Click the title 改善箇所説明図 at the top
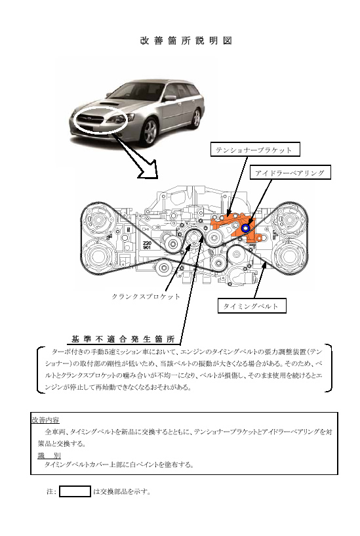point(186,41)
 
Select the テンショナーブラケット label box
point(255,150)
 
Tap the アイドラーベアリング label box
point(290,173)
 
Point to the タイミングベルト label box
point(252,306)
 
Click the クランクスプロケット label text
point(146,297)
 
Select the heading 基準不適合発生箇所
point(123,339)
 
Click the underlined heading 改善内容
point(45,420)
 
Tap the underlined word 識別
point(49,455)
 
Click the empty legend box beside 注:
point(75,491)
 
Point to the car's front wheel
point(150,132)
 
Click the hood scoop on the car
point(110,102)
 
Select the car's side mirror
point(170,98)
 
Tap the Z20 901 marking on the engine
point(147,245)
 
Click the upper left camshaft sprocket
point(98,220)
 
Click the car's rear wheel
point(196,118)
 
